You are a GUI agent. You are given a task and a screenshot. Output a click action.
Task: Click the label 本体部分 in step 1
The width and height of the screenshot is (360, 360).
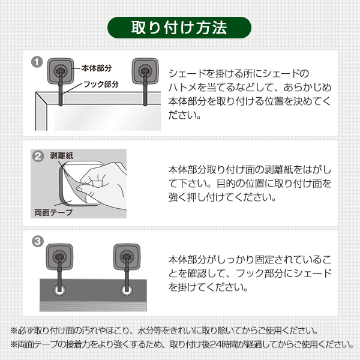[x=97, y=69]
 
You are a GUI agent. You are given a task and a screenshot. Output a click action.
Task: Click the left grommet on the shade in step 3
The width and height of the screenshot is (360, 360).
[x=59, y=291]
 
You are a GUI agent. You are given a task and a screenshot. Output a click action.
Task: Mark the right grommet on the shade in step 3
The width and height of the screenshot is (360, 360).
[x=126, y=291]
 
